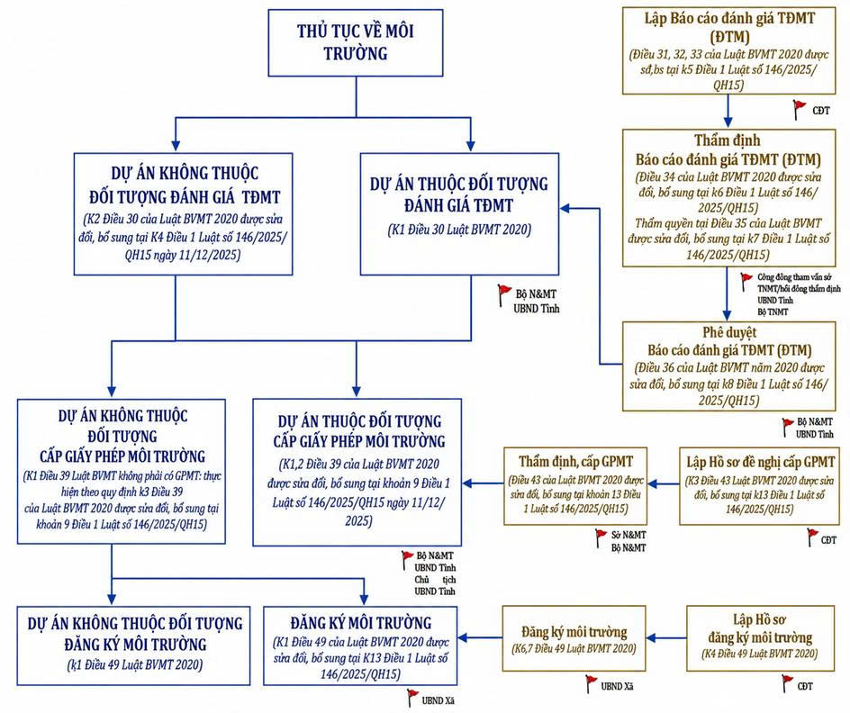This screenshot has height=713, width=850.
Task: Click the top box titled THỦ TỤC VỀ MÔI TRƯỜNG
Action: tap(356, 42)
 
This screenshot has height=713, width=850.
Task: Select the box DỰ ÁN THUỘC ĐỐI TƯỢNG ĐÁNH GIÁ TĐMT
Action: tap(459, 214)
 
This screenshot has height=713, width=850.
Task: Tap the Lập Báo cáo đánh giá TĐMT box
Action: tap(728, 51)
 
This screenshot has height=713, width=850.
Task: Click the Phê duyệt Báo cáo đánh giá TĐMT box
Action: tap(728, 366)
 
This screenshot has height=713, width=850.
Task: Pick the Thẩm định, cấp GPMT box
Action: tap(575, 486)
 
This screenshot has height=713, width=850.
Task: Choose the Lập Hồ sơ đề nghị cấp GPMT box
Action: tap(759, 486)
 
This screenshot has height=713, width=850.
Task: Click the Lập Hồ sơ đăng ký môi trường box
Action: tap(760, 638)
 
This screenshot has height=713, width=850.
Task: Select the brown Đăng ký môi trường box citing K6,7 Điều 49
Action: tap(574, 638)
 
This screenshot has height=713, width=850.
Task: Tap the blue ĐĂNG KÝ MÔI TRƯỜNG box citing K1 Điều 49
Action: tap(360, 645)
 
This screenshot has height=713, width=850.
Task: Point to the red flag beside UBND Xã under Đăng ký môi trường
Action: tap(592, 683)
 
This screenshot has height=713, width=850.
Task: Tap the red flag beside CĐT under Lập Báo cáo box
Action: tap(799, 109)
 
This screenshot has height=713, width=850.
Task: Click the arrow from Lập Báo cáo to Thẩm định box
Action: tap(728, 112)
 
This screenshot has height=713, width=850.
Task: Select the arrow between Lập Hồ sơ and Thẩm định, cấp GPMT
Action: tap(663, 484)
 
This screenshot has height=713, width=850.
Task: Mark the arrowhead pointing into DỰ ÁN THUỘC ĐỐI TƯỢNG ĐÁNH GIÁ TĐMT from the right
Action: tap(565, 208)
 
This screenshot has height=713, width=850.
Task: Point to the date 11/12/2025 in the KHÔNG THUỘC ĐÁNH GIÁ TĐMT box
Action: tap(212, 255)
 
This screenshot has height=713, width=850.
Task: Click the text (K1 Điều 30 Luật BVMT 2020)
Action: tap(459, 230)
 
